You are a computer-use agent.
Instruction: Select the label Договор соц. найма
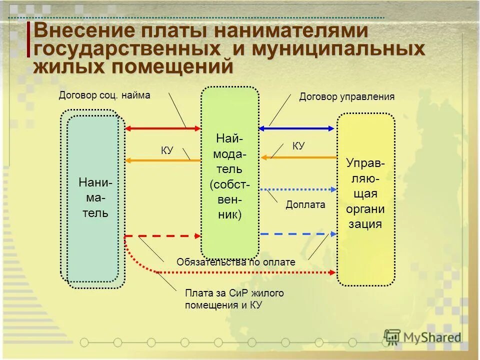pyautogui.click(x=104, y=95)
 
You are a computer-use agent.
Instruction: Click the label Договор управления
pyautogui.click(x=347, y=96)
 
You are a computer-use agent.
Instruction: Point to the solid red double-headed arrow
pyautogui.click(x=162, y=128)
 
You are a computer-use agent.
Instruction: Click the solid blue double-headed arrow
pyautogui.click(x=296, y=128)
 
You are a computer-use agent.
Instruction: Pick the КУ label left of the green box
pyautogui.click(x=166, y=150)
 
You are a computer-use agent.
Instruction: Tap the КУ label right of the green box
pyautogui.click(x=298, y=146)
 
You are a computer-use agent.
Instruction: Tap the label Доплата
pyautogui.click(x=305, y=204)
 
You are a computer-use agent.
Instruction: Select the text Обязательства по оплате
pyautogui.click(x=236, y=262)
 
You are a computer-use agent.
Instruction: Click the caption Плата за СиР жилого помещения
pyautogui.click(x=234, y=298)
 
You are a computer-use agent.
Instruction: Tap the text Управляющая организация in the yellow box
pyautogui.click(x=365, y=193)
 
